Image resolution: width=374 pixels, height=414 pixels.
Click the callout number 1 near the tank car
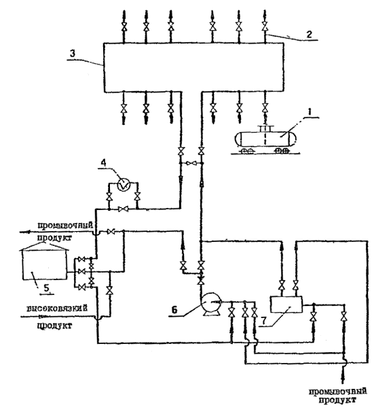(310, 112)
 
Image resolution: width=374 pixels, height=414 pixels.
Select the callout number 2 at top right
(309, 34)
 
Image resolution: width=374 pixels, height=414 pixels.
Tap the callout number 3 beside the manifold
(73, 53)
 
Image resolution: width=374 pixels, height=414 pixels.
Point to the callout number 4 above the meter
(104, 162)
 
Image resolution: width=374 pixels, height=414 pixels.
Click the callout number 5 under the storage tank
(46, 288)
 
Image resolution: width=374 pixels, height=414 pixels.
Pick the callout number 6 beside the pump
(174, 310)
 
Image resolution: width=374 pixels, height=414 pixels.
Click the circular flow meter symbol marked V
(124, 184)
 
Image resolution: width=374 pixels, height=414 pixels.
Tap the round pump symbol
(210, 303)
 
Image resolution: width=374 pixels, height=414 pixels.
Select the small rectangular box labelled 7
(286, 305)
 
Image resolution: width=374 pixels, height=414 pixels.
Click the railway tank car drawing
(265, 140)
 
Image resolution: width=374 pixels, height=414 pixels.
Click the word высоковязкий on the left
(57, 308)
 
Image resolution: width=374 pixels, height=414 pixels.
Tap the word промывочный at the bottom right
(337, 391)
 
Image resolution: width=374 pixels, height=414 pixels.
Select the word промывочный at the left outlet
(65, 226)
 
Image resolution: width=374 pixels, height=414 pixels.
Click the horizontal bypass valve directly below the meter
(123, 209)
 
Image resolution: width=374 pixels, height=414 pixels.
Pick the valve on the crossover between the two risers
(191, 163)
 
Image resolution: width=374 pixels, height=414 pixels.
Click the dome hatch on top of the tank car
(265, 128)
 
